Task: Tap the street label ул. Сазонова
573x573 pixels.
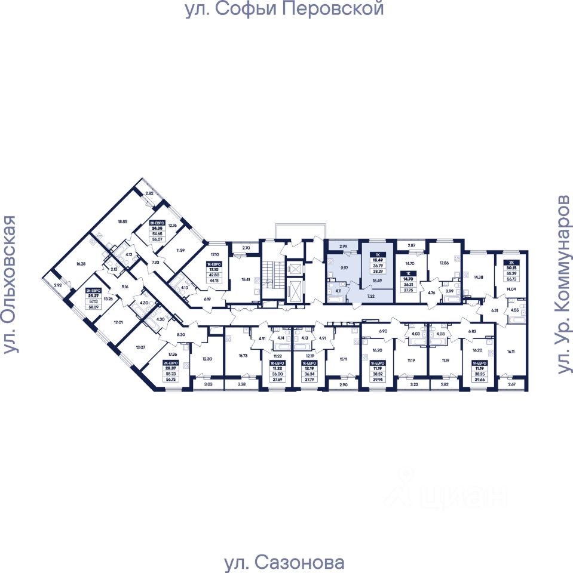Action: click(284, 562)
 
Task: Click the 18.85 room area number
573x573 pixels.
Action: click(122, 221)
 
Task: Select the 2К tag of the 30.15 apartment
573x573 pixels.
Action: click(511, 262)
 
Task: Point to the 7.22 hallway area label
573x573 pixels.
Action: click(371, 295)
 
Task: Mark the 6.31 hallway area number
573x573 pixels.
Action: click(495, 310)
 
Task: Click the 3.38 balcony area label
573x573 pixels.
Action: click(241, 385)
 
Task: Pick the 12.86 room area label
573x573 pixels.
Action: click(443, 262)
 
